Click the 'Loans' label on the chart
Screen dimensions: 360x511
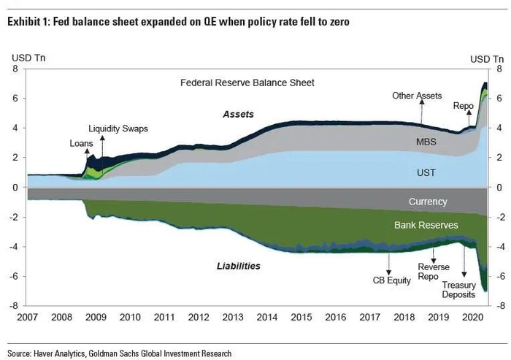point(81,143)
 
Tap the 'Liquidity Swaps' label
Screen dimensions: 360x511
point(118,129)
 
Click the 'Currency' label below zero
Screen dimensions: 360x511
point(428,202)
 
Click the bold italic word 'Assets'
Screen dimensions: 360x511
point(238,115)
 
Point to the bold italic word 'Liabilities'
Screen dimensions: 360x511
point(239,267)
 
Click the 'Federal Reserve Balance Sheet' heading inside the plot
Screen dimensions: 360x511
point(247,83)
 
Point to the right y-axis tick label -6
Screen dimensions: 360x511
point(499,276)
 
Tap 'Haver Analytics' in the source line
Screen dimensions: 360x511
point(64,353)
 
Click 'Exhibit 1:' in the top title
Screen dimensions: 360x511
point(27,22)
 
